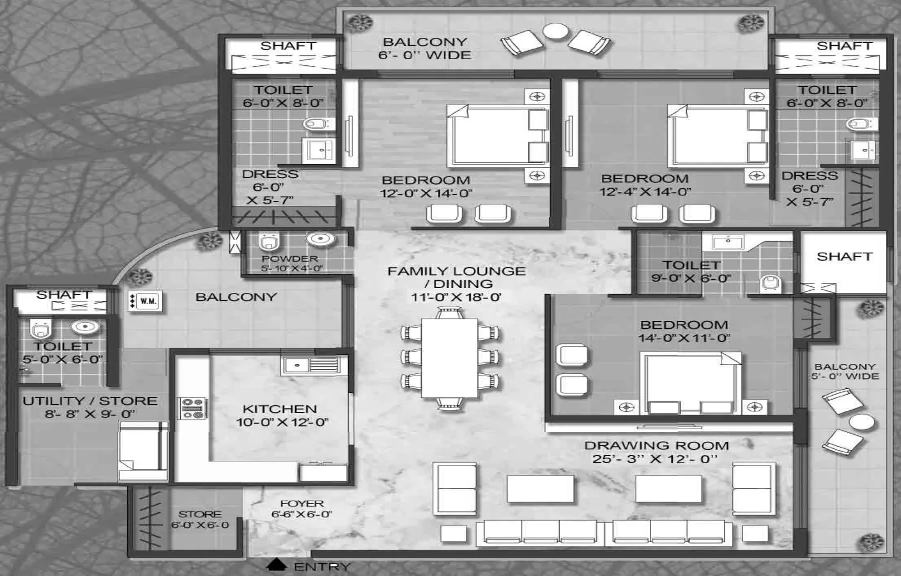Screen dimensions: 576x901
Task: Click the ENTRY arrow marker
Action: [x=276, y=565]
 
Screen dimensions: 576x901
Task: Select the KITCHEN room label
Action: [x=280, y=409]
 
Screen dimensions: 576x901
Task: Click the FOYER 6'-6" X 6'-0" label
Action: [x=301, y=508]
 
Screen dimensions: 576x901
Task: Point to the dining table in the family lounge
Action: [x=449, y=357]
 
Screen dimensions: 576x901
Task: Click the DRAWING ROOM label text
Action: [x=656, y=446]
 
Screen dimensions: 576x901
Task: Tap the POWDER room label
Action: [x=290, y=259]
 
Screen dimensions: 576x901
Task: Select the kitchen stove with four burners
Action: [x=192, y=408]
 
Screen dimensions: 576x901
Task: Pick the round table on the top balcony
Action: [x=555, y=31]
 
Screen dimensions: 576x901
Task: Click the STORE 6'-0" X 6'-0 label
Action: [x=200, y=519]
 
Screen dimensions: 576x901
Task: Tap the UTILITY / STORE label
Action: [x=90, y=401]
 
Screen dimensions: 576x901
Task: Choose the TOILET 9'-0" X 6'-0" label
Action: [x=691, y=271]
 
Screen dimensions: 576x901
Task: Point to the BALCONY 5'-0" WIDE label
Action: [x=845, y=371]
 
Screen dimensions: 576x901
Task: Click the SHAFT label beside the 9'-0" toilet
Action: [x=844, y=257]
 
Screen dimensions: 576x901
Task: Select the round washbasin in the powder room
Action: [x=320, y=239]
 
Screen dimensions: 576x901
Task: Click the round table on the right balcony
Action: [x=862, y=422]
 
